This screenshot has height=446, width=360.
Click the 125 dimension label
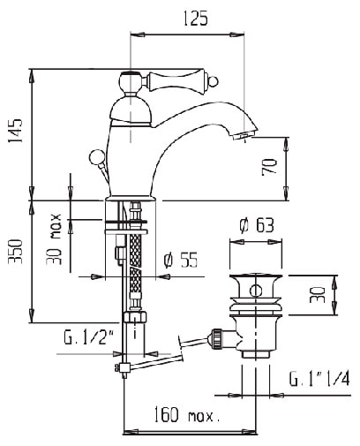click(x=195, y=19)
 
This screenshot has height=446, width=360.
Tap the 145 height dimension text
click(x=15, y=131)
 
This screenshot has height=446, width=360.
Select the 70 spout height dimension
click(x=269, y=167)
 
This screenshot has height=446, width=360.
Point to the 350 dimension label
click(x=15, y=252)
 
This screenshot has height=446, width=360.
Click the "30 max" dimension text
click(x=54, y=239)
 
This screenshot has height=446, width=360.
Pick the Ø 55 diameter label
click(x=181, y=260)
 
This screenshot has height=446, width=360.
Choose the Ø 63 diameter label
click(x=257, y=225)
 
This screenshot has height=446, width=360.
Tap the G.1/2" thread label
click(x=89, y=338)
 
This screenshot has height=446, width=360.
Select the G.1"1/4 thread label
click(x=319, y=379)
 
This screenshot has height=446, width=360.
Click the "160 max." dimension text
click(x=186, y=414)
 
